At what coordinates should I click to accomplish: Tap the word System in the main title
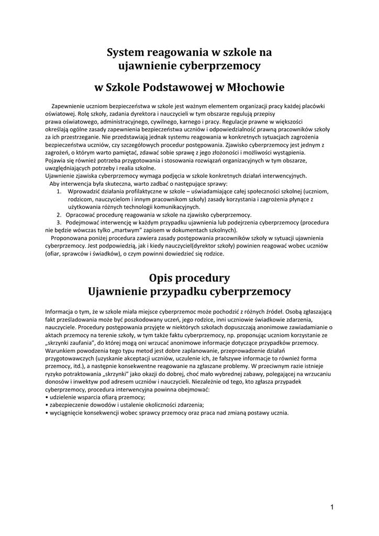point(125,52)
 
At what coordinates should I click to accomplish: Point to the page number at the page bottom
point(332,507)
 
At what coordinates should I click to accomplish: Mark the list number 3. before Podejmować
point(59,222)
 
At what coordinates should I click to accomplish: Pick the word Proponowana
point(69,237)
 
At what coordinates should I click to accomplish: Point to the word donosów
point(57,382)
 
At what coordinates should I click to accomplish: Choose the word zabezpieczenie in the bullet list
point(70,405)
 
